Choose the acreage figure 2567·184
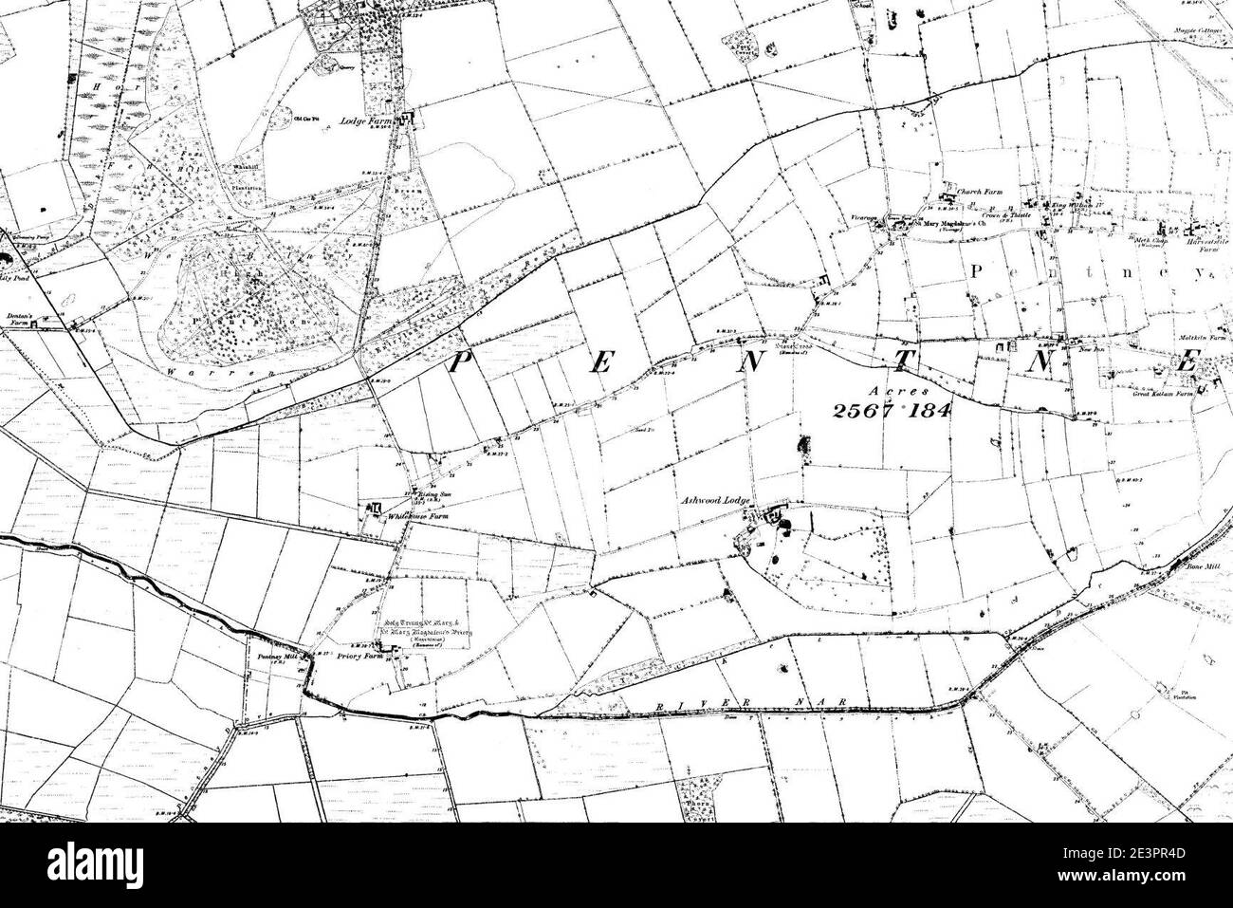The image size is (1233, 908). click(x=891, y=410)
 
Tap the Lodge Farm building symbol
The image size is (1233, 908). click(x=409, y=120)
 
